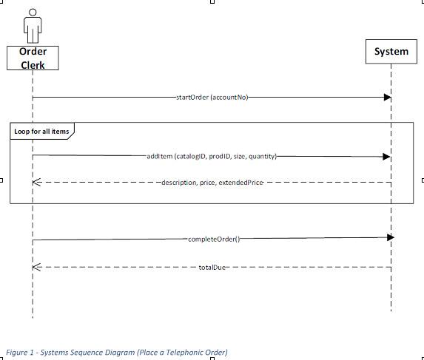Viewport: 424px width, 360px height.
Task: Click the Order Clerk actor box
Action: tap(33, 58)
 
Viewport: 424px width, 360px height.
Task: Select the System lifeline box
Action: tap(391, 52)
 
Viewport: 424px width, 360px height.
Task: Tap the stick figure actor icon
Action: tap(33, 26)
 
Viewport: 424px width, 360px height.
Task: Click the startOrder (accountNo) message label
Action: tap(212, 97)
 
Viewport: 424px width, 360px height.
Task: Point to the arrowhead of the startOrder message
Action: tap(387, 97)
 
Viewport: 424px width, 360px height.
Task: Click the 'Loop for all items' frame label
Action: tap(41, 132)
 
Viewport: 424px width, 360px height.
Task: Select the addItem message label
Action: tap(212, 156)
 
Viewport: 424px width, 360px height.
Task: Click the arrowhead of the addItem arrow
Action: tap(386, 156)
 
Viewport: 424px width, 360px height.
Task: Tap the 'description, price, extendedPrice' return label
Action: tap(212, 182)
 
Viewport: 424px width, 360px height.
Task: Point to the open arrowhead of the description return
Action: tap(36, 182)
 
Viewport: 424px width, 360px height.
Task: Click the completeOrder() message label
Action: tap(215, 239)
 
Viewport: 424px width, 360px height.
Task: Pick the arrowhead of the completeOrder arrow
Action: tap(390, 237)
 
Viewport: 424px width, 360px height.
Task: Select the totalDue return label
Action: tap(212, 266)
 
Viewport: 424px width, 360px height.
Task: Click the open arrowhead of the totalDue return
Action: tap(36, 266)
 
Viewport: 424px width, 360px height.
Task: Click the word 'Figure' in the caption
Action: tap(16, 353)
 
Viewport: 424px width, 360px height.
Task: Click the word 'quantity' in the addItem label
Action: tap(262, 156)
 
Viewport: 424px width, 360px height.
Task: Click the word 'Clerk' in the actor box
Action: tap(33, 65)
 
